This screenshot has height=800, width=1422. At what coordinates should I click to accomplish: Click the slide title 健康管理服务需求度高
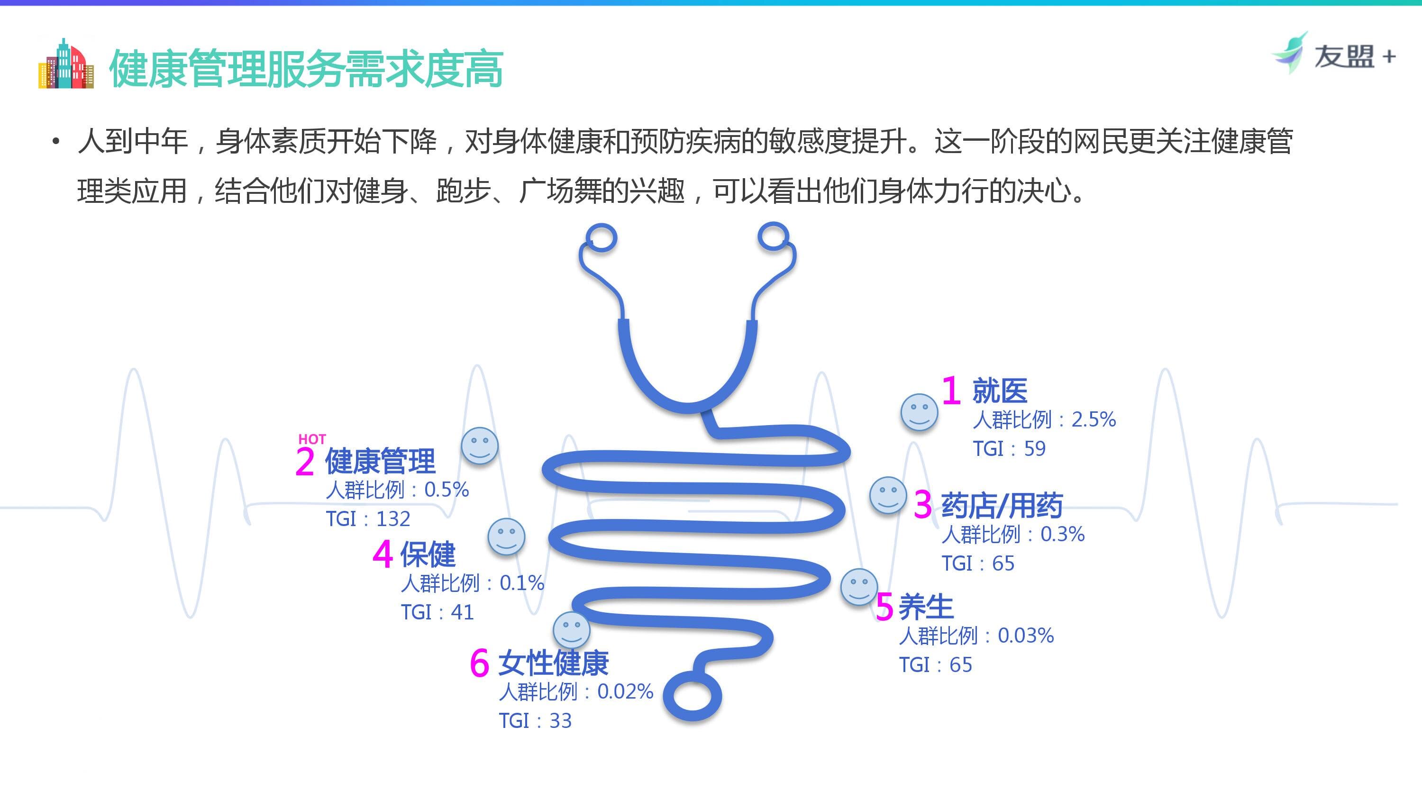point(306,68)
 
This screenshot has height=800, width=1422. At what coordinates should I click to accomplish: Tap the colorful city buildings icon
point(66,64)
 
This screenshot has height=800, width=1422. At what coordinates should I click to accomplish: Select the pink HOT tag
point(312,439)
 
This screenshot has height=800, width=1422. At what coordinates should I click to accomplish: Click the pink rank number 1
point(950,391)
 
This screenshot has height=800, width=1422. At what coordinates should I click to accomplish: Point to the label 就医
point(1000,391)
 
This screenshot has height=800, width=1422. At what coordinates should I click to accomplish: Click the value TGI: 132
point(368,519)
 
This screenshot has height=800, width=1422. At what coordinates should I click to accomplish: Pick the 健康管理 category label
point(380,461)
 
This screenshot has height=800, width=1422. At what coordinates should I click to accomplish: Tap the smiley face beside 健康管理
point(480,445)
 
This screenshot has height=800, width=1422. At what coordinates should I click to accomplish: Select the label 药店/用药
point(1002,505)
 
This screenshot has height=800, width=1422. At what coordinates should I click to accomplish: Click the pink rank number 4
point(383,554)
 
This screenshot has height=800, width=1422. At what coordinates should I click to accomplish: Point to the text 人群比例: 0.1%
point(473,583)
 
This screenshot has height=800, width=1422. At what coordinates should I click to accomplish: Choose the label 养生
point(926,607)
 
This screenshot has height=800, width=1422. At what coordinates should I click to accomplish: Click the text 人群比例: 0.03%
point(976,636)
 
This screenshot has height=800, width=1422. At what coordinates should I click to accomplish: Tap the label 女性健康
point(553,663)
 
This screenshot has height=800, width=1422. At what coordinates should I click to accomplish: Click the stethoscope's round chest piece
point(692,696)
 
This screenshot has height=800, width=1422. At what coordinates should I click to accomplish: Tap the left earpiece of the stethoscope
point(601,238)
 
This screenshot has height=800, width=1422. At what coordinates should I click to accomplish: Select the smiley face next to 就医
point(919,412)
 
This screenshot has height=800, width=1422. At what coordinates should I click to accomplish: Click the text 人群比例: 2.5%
point(1044,419)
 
